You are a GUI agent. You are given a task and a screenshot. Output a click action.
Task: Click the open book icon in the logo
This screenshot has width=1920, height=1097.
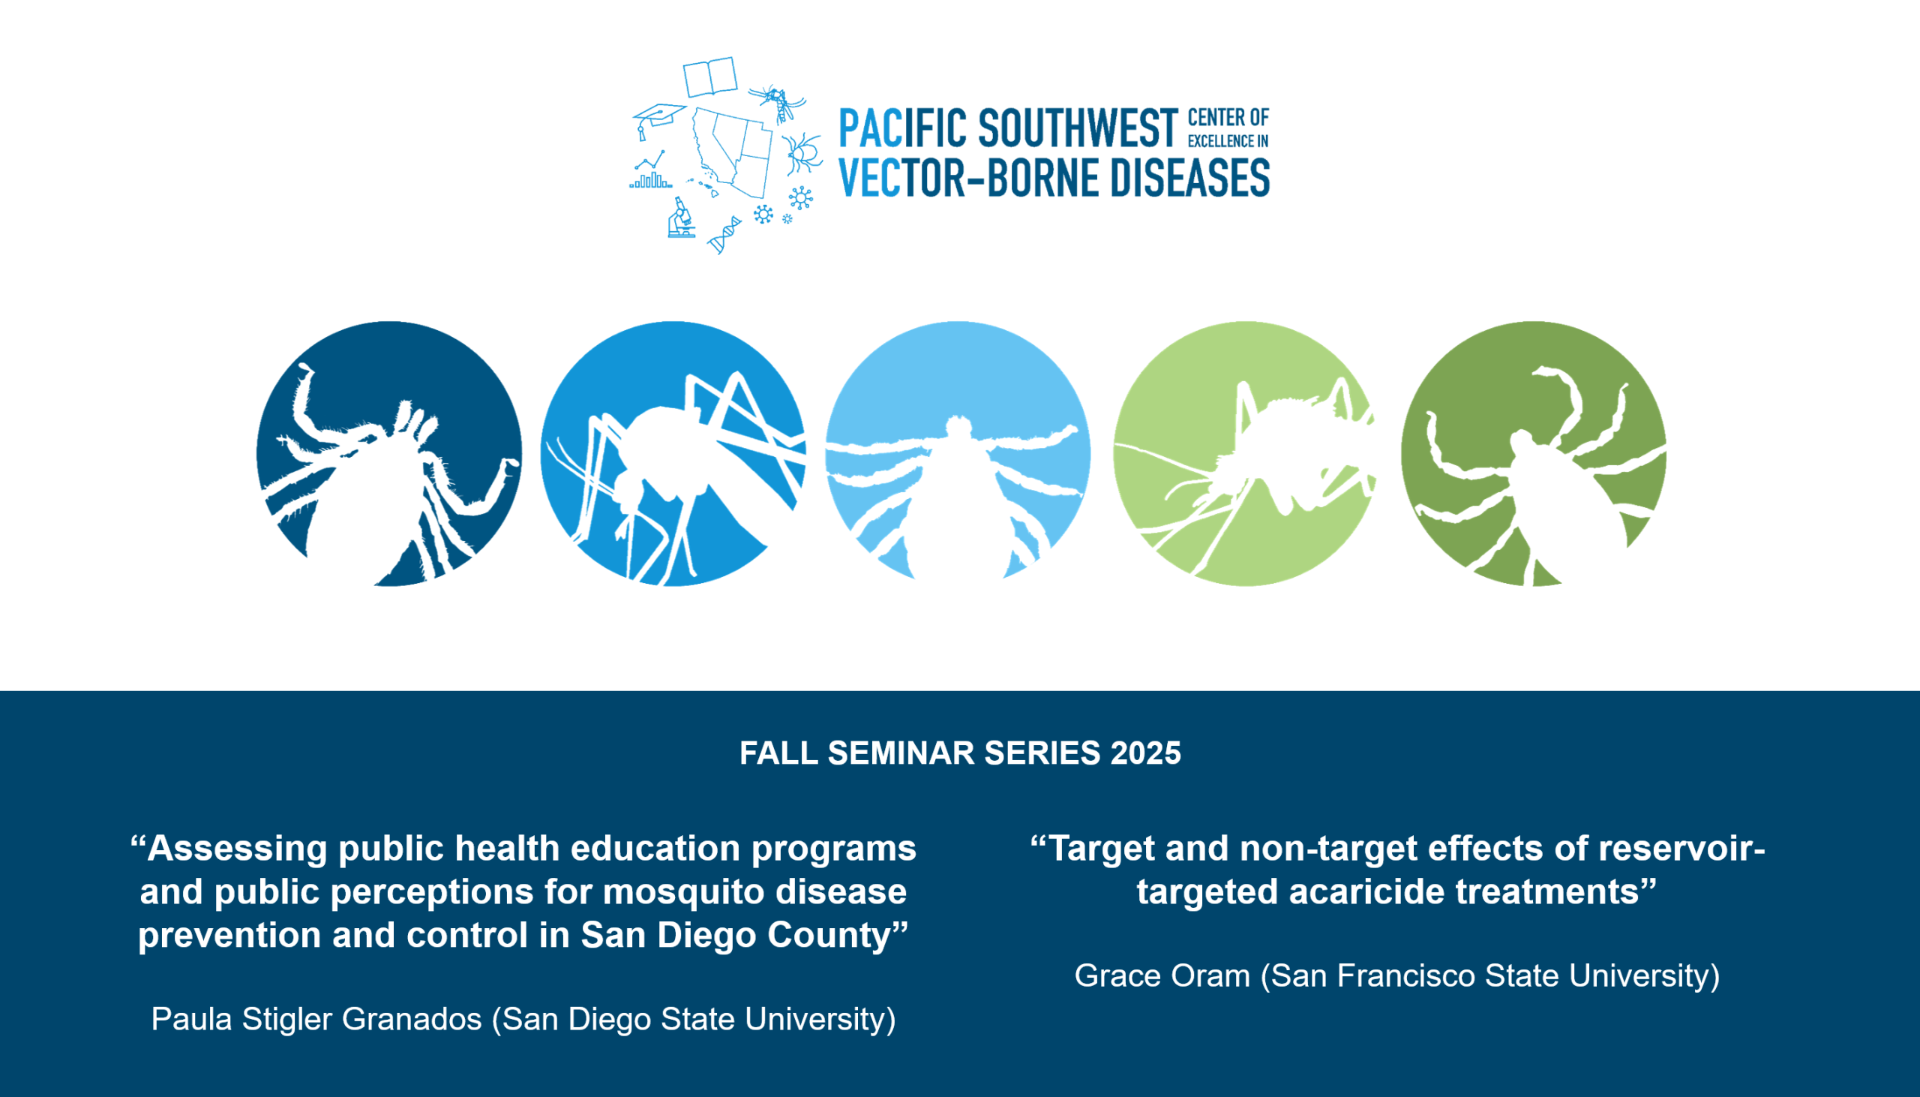click(710, 77)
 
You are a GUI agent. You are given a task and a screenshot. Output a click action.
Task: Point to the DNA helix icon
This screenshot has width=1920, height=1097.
click(724, 234)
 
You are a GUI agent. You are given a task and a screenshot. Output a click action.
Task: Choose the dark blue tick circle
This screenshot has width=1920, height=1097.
click(389, 453)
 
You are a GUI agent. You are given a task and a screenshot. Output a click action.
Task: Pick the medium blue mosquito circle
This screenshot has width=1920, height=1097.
click(673, 453)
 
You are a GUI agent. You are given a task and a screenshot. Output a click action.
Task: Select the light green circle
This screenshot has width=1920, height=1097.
click(1245, 453)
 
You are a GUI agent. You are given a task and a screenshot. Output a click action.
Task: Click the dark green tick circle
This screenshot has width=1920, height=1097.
click(1534, 453)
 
